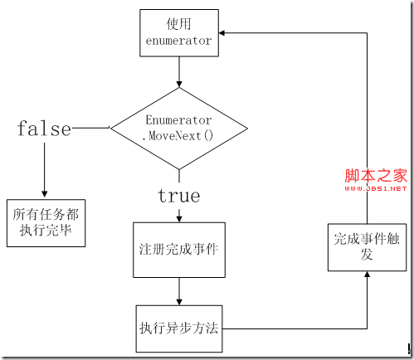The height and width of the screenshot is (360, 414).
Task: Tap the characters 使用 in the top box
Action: (178, 22)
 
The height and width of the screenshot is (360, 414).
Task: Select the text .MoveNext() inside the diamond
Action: (179, 135)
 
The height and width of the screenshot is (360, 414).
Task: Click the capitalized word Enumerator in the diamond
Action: (179, 120)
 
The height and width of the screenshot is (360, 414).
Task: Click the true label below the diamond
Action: (178, 196)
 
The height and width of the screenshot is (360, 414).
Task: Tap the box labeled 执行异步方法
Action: (178, 326)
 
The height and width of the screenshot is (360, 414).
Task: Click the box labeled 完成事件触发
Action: (366, 246)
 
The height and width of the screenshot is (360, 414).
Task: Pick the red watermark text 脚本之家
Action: (376, 176)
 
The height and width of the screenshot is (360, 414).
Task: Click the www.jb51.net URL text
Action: (376, 188)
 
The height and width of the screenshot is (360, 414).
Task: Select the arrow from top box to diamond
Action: (178, 73)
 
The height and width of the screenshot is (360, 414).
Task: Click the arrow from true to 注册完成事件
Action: (178, 213)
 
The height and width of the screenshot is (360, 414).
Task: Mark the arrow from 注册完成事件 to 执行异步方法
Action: (178, 290)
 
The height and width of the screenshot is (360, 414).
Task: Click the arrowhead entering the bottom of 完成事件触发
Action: (366, 276)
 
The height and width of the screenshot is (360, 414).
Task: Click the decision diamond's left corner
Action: (111, 128)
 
